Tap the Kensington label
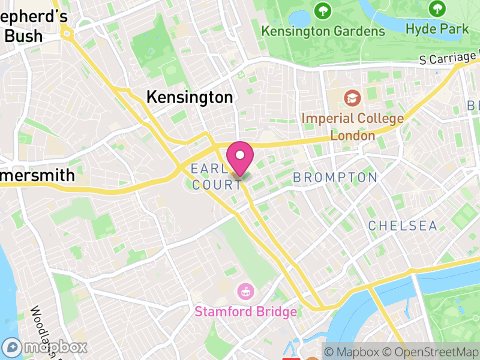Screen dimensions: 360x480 click(190, 97)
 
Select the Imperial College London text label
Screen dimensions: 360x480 click(352, 127)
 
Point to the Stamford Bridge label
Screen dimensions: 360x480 click(245, 312)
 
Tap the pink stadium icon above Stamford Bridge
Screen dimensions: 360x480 click(245, 292)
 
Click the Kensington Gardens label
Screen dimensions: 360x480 click(323, 31)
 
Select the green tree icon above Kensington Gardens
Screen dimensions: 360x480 click(323, 10)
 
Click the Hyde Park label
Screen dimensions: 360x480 click(437, 28)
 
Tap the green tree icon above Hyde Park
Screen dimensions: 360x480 click(437, 8)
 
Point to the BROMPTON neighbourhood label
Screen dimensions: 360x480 click(335, 178)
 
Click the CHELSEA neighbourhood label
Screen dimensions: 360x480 click(402, 226)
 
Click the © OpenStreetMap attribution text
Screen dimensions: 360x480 click(431, 352)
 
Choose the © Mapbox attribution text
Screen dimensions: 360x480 click(353, 352)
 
